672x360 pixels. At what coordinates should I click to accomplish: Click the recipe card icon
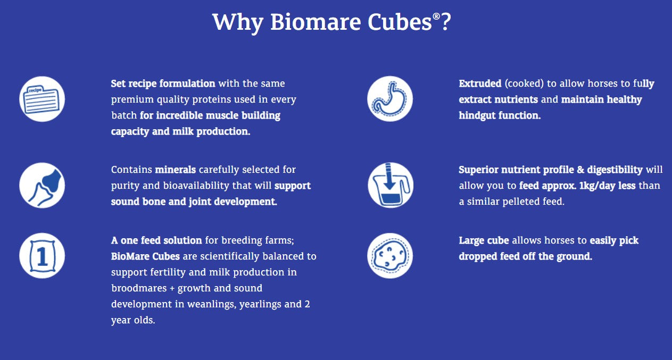[42, 99]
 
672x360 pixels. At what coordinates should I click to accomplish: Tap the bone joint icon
[42, 186]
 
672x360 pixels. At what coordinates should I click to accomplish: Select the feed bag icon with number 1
[42, 256]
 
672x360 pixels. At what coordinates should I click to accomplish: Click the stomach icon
[390, 99]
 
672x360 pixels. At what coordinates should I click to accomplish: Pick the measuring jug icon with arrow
[390, 186]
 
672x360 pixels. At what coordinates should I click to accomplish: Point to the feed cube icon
[390, 256]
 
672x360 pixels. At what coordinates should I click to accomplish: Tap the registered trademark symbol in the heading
[436, 16]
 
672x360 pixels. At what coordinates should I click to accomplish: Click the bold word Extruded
[480, 84]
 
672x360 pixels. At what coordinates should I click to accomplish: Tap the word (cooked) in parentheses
[521, 84]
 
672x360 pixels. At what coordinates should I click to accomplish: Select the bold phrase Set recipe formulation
[163, 84]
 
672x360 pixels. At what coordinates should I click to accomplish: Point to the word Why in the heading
[238, 22]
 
